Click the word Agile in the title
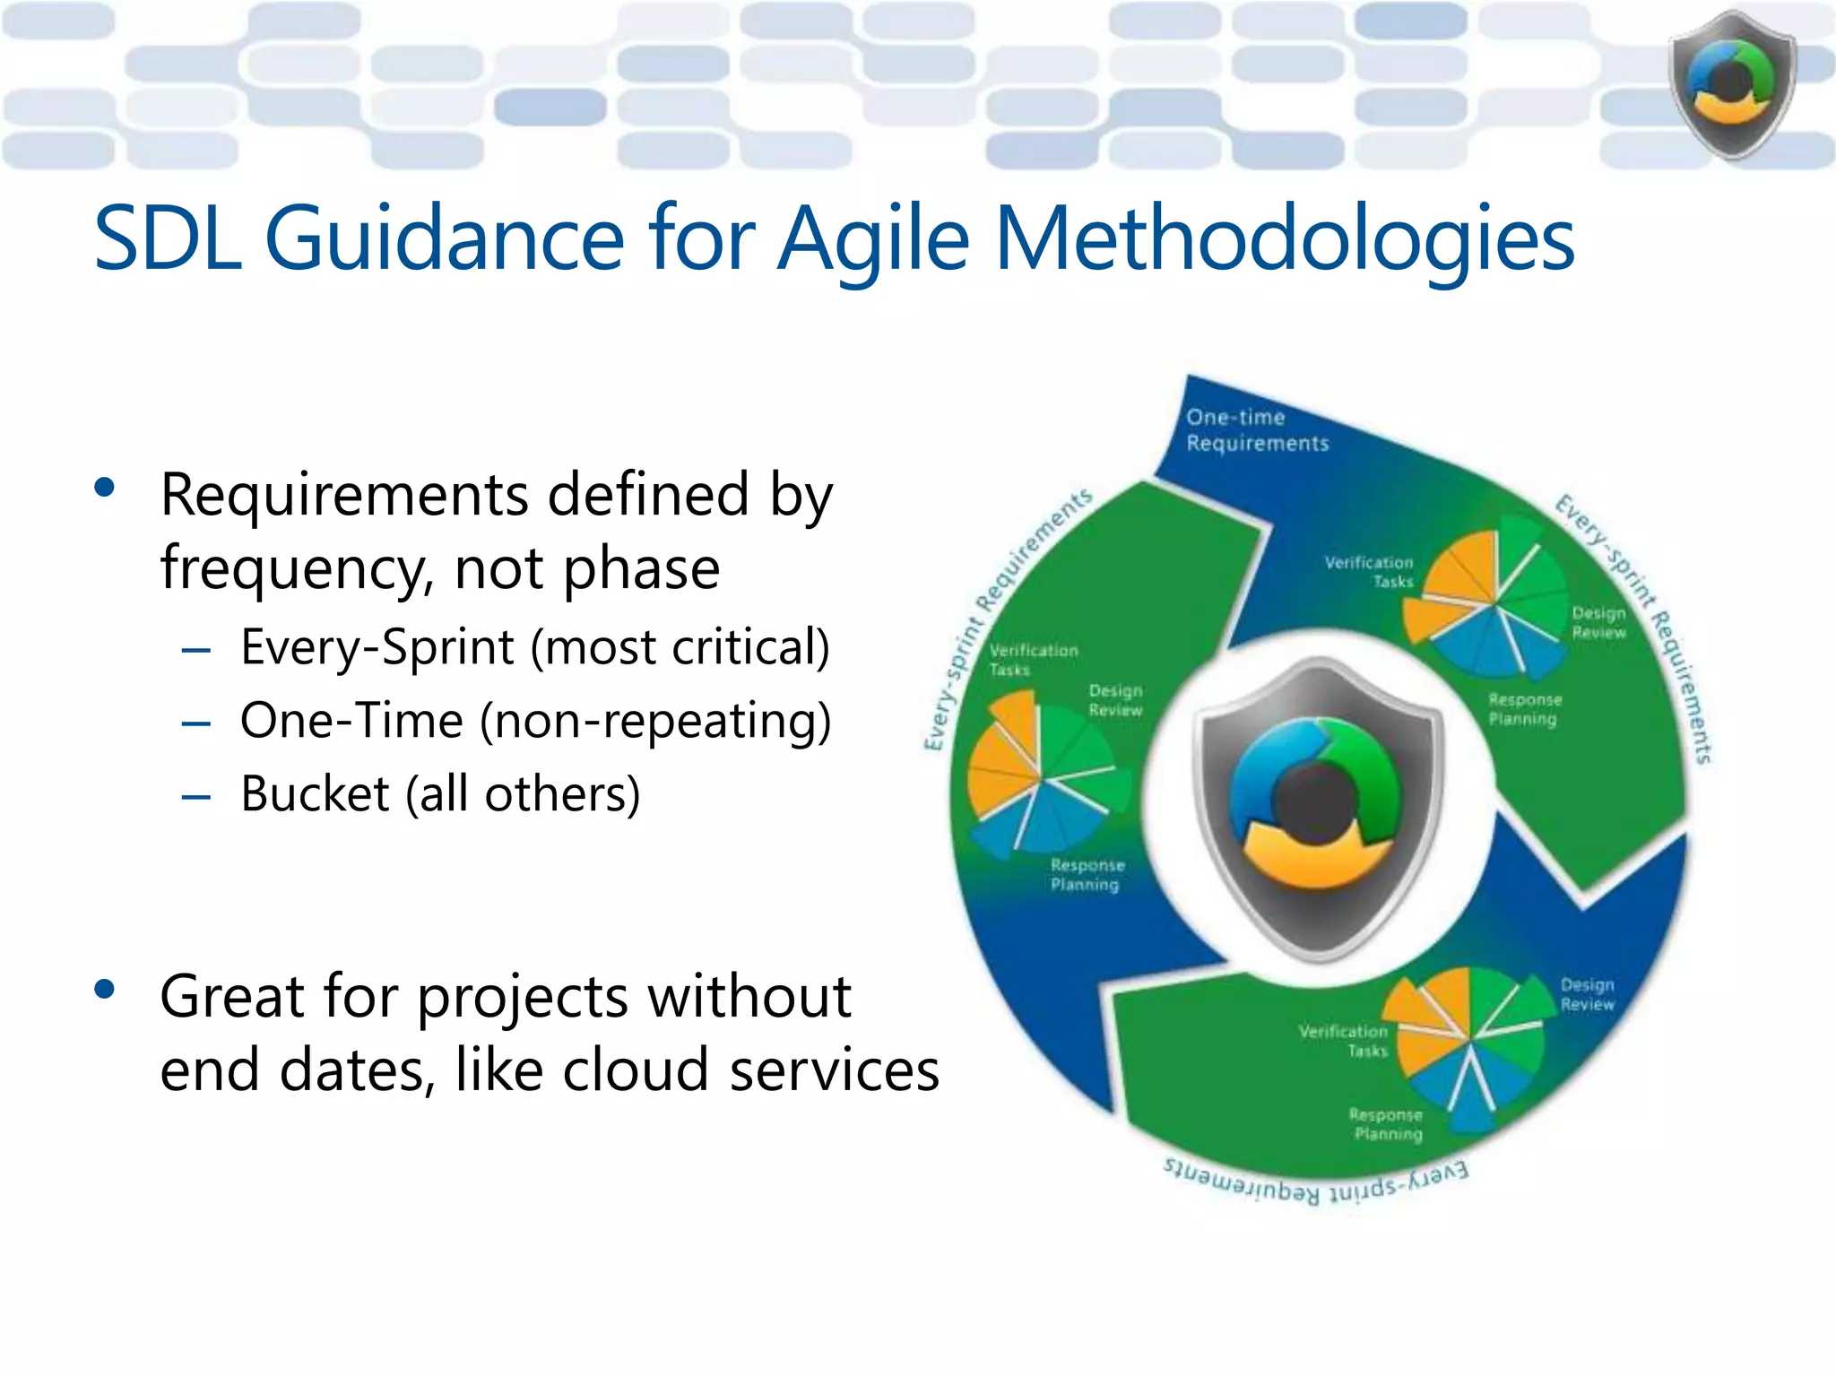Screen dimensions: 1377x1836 click(x=873, y=238)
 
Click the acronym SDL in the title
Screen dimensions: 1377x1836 click(x=168, y=238)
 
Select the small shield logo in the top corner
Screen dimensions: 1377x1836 click(x=1732, y=84)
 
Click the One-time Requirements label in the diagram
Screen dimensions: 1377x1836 click(x=1257, y=430)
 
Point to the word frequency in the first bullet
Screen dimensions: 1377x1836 click(x=290, y=568)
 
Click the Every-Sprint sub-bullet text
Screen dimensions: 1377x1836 click(x=534, y=647)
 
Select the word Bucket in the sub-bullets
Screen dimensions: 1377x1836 click(x=315, y=794)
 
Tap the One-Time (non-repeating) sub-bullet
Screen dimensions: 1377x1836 click(x=535, y=721)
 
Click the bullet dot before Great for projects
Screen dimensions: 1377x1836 click(x=105, y=990)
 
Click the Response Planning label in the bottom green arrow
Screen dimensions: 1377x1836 click(x=1387, y=1124)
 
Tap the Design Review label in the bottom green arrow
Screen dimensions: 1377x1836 click(x=1587, y=994)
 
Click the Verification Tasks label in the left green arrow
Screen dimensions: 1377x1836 click(x=1033, y=660)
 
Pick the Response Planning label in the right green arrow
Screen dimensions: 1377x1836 click(x=1524, y=709)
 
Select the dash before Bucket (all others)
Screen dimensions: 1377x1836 click(x=195, y=796)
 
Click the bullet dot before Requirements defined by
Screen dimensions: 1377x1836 click(x=105, y=488)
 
